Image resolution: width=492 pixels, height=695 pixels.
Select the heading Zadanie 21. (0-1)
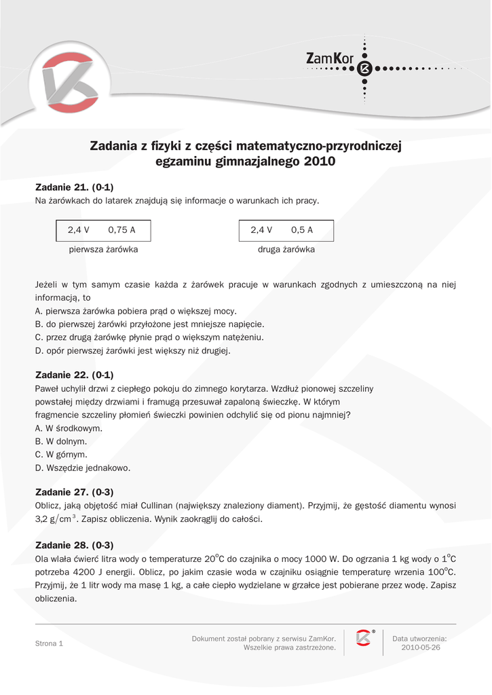click(x=74, y=187)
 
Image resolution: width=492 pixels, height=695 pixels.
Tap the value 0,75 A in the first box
click(x=122, y=230)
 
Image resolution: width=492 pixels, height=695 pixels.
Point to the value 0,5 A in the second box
click(x=302, y=230)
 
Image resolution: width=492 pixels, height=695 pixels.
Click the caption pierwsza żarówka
click(x=104, y=250)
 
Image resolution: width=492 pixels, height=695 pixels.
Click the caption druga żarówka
click(x=286, y=250)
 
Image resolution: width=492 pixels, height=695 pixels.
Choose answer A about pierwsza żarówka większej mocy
click(x=136, y=311)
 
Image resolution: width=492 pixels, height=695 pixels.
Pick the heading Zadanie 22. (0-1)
click(x=74, y=375)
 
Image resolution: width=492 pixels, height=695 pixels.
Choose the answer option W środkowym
click(x=69, y=429)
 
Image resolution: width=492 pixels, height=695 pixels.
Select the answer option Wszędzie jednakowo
click(x=83, y=468)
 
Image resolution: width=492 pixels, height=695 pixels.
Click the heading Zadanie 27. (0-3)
click(x=74, y=492)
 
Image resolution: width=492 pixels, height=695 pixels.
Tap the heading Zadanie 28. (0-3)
click(x=74, y=545)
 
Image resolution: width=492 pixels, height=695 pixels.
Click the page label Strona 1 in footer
click(x=49, y=643)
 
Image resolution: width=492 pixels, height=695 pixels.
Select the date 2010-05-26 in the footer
click(x=421, y=647)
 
